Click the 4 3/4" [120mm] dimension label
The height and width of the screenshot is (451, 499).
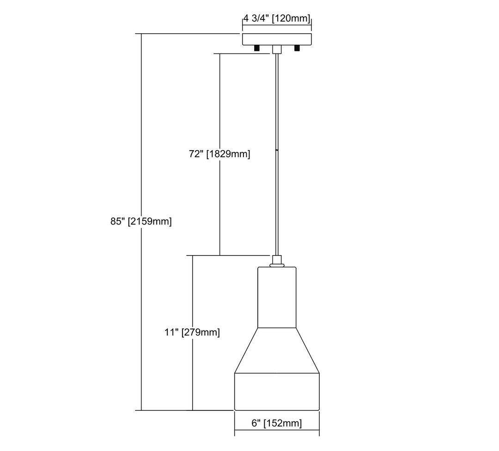(277, 19)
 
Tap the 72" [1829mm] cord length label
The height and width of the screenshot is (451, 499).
(219, 154)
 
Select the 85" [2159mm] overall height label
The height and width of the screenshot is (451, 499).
(141, 221)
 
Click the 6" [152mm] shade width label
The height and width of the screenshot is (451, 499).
(277, 423)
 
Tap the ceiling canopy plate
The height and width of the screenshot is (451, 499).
(277, 39)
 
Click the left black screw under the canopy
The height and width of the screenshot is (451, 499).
(256, 48)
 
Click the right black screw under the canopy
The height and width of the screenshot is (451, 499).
(297, 48)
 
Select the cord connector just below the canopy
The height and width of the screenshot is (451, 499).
(276, 49)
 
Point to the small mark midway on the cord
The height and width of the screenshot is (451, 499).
(277, 150)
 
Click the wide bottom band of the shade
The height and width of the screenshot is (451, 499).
(277, 391)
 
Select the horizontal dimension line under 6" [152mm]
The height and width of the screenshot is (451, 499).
(277, 432)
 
